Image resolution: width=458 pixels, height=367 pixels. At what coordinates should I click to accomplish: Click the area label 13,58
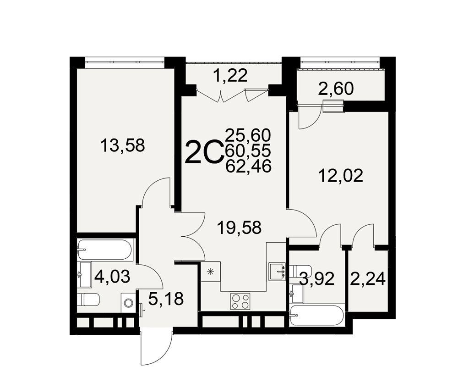[122, 145]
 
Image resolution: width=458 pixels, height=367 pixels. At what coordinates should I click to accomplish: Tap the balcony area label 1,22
[231, 75]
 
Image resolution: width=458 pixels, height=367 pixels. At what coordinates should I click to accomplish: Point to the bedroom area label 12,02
[341, 176]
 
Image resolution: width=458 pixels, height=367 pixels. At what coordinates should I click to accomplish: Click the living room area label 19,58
[240, 228]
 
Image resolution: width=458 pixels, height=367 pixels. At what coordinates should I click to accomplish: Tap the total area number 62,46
[249, 166]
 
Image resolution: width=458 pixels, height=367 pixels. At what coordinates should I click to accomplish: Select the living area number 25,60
[249, 135]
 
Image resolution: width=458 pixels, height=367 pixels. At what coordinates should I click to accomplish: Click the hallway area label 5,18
[166, 299]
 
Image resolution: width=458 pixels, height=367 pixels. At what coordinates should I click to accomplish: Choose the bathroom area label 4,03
[113, 277]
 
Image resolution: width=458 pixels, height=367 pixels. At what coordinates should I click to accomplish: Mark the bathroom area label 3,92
[317, 279]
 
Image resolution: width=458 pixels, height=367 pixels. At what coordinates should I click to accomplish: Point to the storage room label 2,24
[368, 279]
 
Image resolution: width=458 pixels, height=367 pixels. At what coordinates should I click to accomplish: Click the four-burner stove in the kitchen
[240, 301]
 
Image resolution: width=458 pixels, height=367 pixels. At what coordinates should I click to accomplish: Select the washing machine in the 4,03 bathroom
[128, 303]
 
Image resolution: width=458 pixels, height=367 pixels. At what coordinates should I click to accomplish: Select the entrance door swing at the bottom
[156, 348]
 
